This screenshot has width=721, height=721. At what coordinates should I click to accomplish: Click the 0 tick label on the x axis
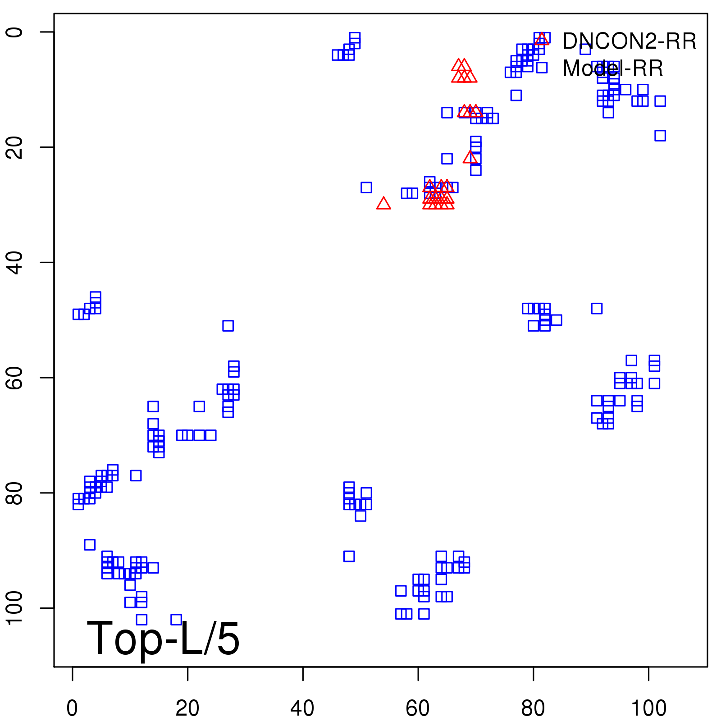click(x=72, y=708)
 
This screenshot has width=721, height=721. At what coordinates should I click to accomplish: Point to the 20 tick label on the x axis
click(x=187, y=708)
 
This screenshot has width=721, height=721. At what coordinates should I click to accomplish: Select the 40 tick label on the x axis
click(x=302, y=708)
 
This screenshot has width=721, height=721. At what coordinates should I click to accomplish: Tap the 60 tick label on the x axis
click(x=418, y=708)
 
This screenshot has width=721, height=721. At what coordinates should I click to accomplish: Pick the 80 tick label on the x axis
click(x=533, y=708)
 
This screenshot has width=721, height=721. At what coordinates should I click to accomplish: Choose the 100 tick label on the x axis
click(x=648, y=708)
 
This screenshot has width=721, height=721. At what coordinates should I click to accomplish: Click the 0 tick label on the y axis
click(x=14, y=32)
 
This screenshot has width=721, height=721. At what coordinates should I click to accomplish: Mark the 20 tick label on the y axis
click(x=14, y=147)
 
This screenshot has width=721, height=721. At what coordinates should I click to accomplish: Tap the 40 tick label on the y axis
click(x=14, y=262)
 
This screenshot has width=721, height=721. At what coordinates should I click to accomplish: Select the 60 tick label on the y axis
click(x=14, y=378)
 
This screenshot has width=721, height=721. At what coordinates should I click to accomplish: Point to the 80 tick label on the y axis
click(x=14, y=493)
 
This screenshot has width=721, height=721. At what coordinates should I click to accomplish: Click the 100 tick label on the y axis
click(x=14, y=608)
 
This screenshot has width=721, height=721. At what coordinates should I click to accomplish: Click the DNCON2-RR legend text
click(x=630, y=41)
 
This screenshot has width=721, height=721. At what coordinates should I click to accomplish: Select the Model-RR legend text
click(x=613, y=68)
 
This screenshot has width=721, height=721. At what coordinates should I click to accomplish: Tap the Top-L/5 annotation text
click(x=163, y=639)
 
